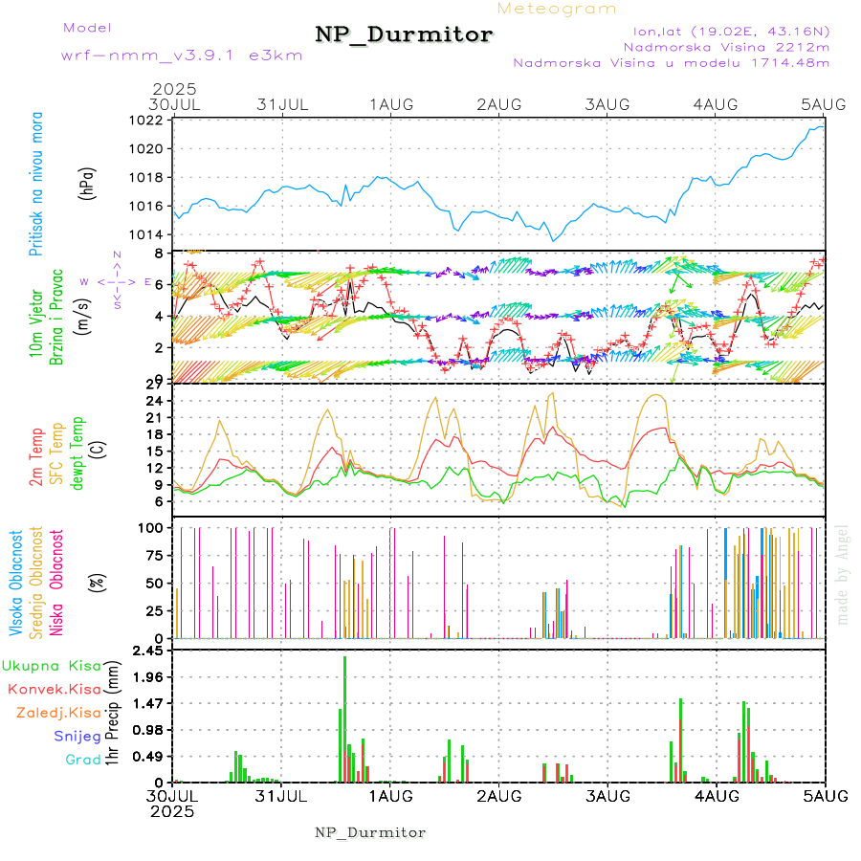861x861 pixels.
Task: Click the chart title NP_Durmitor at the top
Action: click(404, 35)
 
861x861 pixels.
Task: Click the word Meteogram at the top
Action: click(557, 9)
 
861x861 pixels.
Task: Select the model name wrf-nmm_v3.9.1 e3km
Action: click(182, 55)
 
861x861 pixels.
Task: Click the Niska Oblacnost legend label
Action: click(56, 583)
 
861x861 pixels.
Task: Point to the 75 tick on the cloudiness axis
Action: click(152, 555)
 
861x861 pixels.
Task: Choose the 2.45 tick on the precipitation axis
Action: click(145, 651)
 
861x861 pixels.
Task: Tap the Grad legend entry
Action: click(83, 761)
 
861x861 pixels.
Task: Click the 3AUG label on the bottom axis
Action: click(607, 796)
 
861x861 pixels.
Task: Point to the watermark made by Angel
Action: click(843, 574)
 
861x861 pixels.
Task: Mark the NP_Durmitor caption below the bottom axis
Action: click(370, 832)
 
